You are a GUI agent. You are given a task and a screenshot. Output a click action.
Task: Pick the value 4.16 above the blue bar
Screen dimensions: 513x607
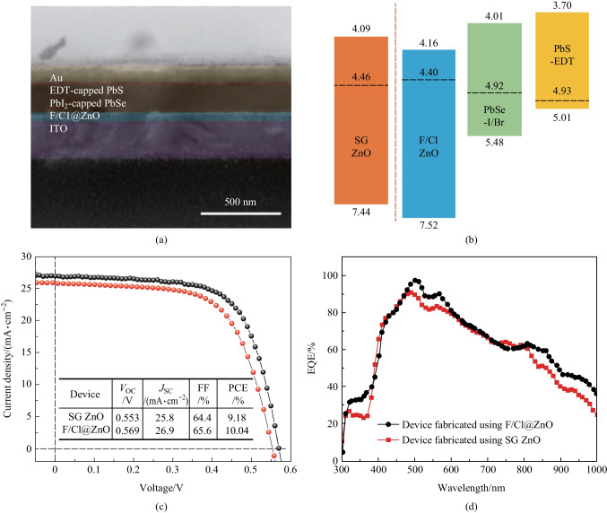point(429,42)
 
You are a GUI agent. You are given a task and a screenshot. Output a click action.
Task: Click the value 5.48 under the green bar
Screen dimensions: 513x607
point(494,143)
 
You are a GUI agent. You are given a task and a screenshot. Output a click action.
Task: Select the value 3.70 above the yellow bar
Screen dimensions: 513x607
point(562,5)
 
